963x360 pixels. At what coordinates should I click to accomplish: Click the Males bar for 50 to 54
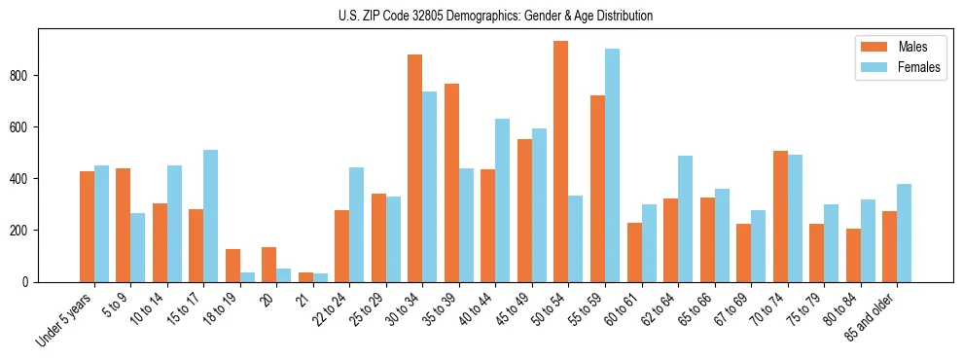(561, 162)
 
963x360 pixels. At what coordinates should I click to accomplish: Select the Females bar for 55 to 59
(612, 165)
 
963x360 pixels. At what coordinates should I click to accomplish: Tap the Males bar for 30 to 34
(415, 168)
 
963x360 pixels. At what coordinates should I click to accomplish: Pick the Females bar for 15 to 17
(211, 216)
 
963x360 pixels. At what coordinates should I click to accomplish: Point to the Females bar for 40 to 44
(503, 200)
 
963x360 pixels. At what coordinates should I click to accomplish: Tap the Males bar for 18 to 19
(232, 266)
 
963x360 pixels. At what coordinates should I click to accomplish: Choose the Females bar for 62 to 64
(686, 219)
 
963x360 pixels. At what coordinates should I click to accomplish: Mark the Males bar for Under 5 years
(87, 227)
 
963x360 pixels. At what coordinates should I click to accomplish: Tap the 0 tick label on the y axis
(29, 282)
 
